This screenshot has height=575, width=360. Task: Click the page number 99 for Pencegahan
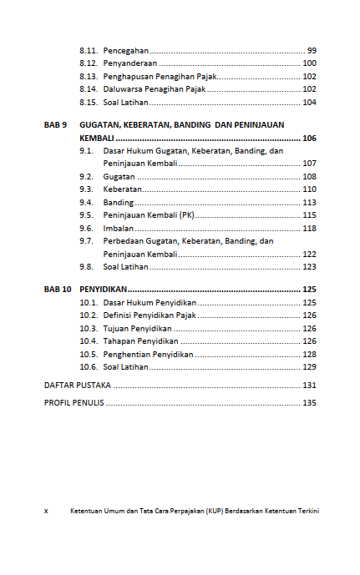[x=312, y=50]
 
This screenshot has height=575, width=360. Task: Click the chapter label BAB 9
[x=55, y=124]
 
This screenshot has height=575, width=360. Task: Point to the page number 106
[x=309, y=138]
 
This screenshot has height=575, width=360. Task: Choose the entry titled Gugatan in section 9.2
[x=119, y=177]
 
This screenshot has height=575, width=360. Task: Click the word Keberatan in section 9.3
[x=123, y=189]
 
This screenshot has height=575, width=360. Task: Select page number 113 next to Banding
[x=309, y=203]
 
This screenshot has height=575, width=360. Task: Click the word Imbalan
[x=118, y=228]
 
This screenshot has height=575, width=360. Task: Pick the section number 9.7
[x=86, y=241]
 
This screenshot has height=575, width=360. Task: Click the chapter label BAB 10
[x=58, y=289]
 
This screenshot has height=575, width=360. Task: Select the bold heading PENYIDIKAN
[x=103, y=289]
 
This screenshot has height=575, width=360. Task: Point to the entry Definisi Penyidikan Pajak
[x=150, y=315]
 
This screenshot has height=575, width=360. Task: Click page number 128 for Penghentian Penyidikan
[x=309, y=354]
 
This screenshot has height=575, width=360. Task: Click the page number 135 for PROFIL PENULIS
[x=309, y=403]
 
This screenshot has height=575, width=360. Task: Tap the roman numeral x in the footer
[x=46, y=510]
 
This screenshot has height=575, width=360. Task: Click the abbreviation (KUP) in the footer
[x=219, y=510]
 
